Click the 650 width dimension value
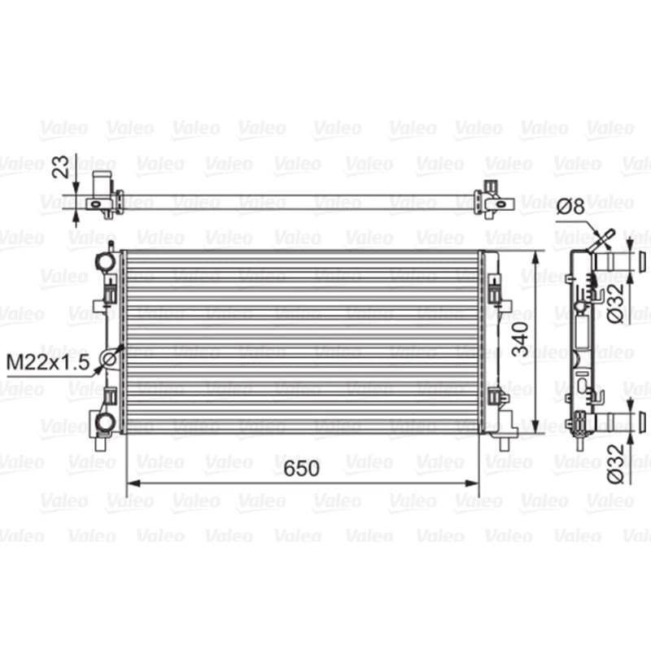click(x=301, y=468)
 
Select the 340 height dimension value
click(x=520, y=339)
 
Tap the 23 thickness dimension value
click(x=60, y=167)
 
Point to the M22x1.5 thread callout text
click(x=48, y=362)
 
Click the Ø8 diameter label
click(x=570, y=206)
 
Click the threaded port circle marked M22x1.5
click(x=109, y=358)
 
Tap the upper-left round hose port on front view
click(x=105, y=260)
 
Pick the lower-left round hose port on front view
click(x=104, y=422)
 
